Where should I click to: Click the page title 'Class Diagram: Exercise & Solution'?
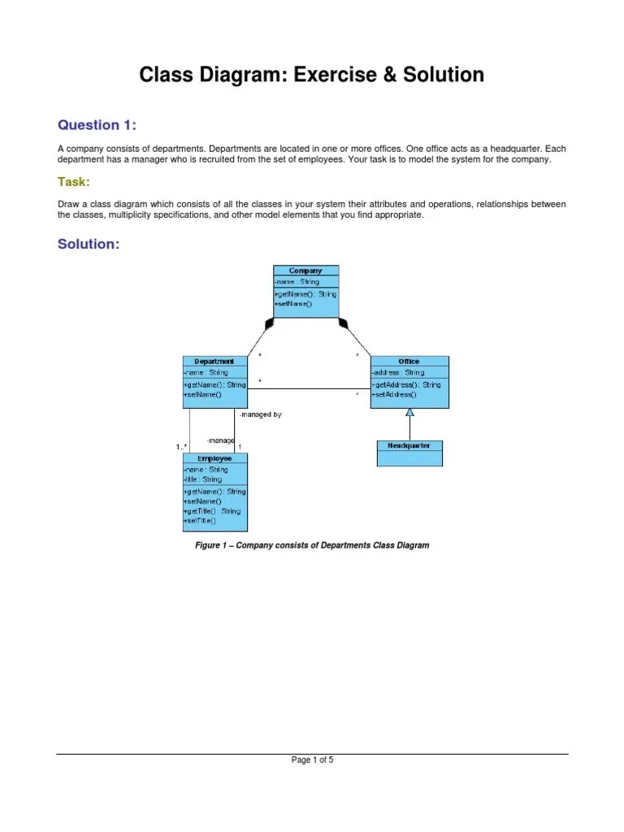click(x=312, y=76)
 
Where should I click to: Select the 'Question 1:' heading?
click(x=97, y=125)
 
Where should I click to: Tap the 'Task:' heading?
click(x=73, y=181)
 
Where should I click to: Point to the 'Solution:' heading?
click(x=89, y=245)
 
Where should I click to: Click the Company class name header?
click(x=305, y=271)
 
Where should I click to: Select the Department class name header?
click(x=214, y=362)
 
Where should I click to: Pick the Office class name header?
click(x=409, y=362)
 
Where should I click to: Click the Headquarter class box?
click(x=409, y=453)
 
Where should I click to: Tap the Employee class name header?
click(x=214, y=458)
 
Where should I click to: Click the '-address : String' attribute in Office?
click(x=398, y=373)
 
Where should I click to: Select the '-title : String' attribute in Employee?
click(x=203, y=480)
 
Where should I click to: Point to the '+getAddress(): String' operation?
click(x=406, y=384)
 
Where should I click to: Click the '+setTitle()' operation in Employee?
click(x=200, y=521)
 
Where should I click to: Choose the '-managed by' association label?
click(x=260, y=414)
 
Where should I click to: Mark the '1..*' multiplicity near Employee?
click(x=181, y=447)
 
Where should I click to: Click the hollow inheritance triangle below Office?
click(x=410, y=413)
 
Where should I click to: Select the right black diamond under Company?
click(x=343, y=323)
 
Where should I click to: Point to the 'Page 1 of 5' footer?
click(x=312, y=760)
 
